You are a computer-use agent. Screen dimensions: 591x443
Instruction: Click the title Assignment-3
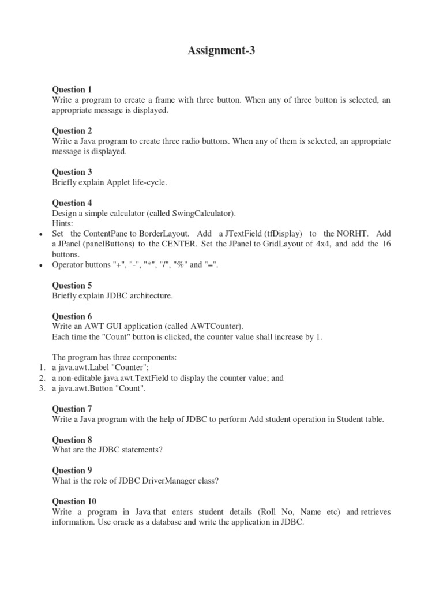point(221,51)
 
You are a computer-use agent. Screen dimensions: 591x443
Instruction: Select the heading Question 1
point(72,89)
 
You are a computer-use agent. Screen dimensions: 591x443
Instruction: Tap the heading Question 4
point(72,203)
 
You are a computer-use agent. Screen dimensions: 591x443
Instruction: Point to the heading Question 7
point(72,409)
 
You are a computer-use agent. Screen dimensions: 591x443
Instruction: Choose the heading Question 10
point(74,501)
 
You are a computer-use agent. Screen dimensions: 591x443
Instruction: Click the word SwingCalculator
point(202,214)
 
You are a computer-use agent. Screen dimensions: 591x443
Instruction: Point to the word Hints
point(62,223)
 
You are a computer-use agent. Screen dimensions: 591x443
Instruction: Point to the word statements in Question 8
point(134,450)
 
